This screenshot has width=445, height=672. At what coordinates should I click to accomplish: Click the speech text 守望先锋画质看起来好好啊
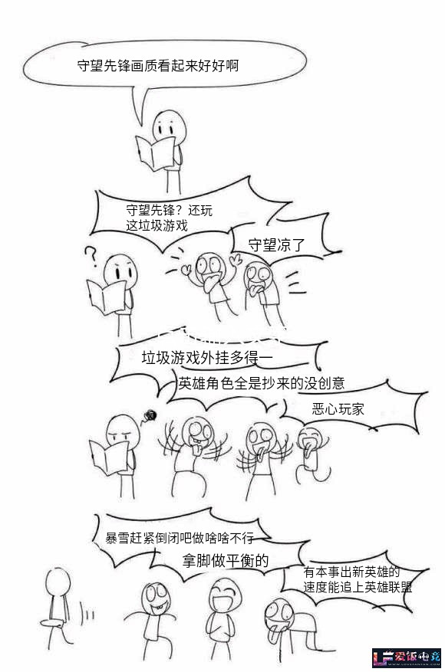tap(157, 66)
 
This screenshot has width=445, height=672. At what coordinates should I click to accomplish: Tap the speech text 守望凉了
tap(276, 244)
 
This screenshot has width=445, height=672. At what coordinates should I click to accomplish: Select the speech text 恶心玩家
tap(338, 409)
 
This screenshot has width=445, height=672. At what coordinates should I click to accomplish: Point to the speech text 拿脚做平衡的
tap(226, 560)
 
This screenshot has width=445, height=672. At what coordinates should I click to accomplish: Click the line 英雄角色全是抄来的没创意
tap(262, 382)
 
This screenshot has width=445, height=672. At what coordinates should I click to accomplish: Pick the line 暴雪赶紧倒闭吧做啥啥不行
tap(180, 537)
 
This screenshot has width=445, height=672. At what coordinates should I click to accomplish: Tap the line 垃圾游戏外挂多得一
tap(207, 357)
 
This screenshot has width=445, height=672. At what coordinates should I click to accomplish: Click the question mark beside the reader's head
tap(91, 256)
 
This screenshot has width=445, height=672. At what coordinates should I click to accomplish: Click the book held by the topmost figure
tap(155, 152)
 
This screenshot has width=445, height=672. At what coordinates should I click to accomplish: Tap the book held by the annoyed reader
tap(109, 457)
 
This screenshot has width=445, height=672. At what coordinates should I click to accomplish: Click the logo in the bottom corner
tap(406, 658)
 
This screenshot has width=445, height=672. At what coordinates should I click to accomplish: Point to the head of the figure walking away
tap(58, 582)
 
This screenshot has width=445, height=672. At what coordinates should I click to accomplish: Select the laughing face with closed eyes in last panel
tap(226, 595)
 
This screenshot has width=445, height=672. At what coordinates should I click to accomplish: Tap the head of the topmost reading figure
tap(170, 127)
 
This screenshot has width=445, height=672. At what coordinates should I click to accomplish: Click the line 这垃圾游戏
tap(157, 225)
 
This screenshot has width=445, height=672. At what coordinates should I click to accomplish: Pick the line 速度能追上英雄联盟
tap(358, 587)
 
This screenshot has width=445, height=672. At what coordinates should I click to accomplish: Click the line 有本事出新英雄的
tap(351, 572)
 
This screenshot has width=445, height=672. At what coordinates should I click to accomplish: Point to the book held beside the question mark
tap(107, 297)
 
